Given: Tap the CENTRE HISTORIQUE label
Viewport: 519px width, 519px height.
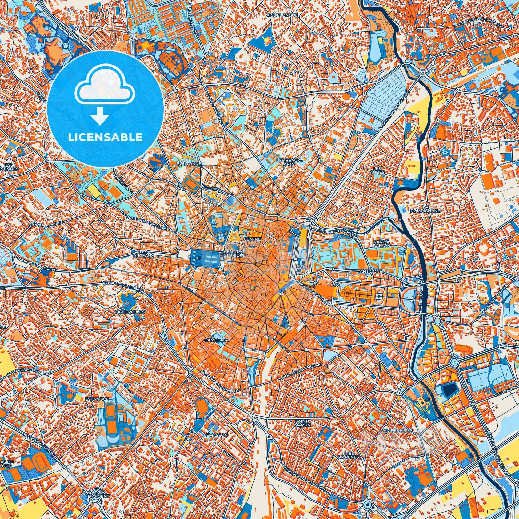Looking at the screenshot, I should (x=232, y=254).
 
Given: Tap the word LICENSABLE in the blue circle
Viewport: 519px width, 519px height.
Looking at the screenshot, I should (x=105, y=137).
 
